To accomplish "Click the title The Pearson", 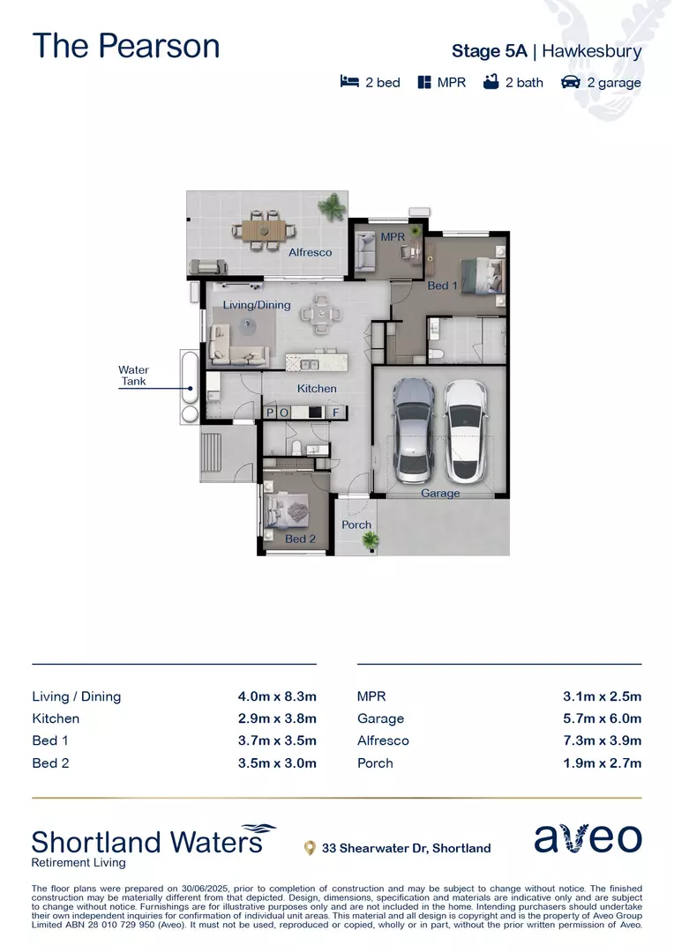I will coord(126,46).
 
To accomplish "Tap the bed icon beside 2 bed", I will coord(349,83).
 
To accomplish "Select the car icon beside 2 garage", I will coord(570,83).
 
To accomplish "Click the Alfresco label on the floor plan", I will coord(311,252).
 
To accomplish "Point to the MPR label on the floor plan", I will coord(392,237).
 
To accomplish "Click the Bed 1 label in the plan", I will coord(442,286).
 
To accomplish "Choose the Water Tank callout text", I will coord(134,376).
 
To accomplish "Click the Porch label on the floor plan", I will coord(356,524).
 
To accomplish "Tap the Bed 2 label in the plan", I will coord(300,539).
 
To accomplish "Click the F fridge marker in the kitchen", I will coord(335,412).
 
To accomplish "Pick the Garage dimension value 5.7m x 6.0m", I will coord(602,718).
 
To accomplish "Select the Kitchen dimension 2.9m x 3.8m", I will coord(276,718).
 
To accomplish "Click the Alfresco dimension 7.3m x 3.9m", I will coord(602,740).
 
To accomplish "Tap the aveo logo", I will coord(588,838).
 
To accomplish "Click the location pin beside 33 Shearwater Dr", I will coord(310,848).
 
